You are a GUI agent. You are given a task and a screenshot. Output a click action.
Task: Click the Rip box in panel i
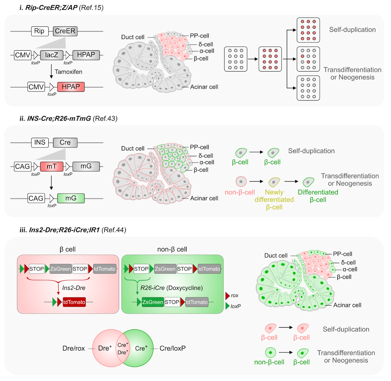[x=40, y=31]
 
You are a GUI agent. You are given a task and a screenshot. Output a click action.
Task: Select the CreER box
[x=65, y=31]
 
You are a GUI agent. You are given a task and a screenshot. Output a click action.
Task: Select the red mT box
[x=51, y=166]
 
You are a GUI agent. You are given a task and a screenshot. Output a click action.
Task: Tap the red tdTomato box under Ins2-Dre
[x=74, y=302]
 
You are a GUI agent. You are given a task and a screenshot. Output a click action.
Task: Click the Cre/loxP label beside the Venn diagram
[x=173, y=348]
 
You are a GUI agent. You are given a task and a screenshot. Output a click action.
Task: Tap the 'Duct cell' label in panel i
[x=133, y=37]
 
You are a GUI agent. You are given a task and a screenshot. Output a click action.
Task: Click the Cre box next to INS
[x=65, y=142]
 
